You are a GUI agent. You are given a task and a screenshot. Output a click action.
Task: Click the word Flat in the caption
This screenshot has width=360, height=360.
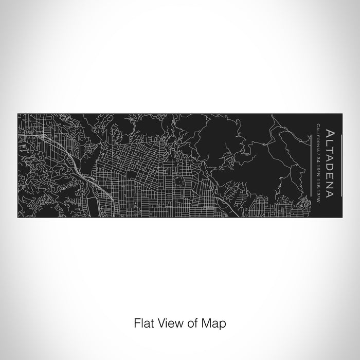pos(143,323)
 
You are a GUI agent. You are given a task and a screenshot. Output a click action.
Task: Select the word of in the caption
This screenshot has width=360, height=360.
pos(192,323)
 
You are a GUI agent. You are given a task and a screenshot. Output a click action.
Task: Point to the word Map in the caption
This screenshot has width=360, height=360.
pos(213,324)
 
